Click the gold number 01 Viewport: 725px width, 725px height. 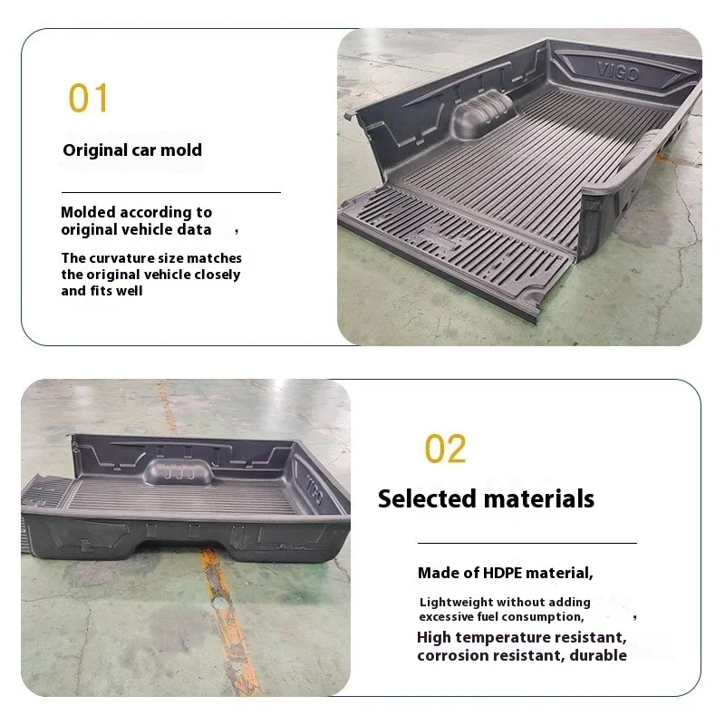[88, 98]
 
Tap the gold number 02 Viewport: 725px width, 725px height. [445, 449]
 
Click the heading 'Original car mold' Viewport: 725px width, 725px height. [132, 150]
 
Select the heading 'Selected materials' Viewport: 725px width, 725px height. [486, 498]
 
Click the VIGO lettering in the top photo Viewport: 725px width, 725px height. [619, 71]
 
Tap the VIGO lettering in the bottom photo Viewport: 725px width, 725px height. [313, 489]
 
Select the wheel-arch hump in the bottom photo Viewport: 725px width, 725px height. [179, 472]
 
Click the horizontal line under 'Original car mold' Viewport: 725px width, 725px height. [170, 192]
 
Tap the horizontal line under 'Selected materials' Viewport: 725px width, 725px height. [527, 542]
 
